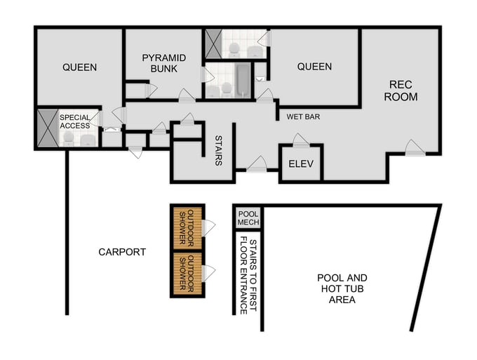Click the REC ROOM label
(403, 91)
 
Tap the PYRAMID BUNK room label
(163, 62)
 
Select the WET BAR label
(303, 116)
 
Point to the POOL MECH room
(248, 218)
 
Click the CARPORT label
(122, 252)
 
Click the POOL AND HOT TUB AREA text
(342, 288)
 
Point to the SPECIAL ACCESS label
(74, 121)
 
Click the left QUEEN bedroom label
(79, 67)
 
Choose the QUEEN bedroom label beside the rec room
(314, 67)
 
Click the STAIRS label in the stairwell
(218, 151)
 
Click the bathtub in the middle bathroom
(241, 81)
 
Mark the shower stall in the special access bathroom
(48, 128)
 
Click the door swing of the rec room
(414, 147)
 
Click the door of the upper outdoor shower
(208, 227)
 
